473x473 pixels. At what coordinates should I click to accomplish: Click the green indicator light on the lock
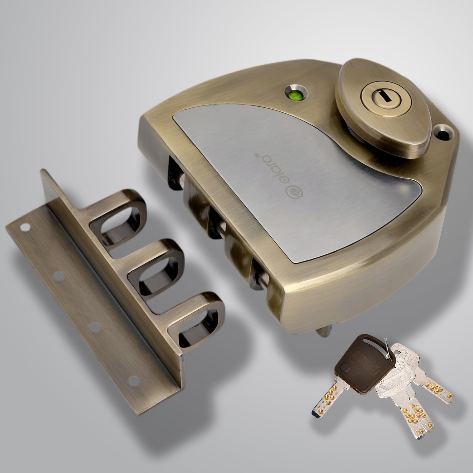(294, 96)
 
